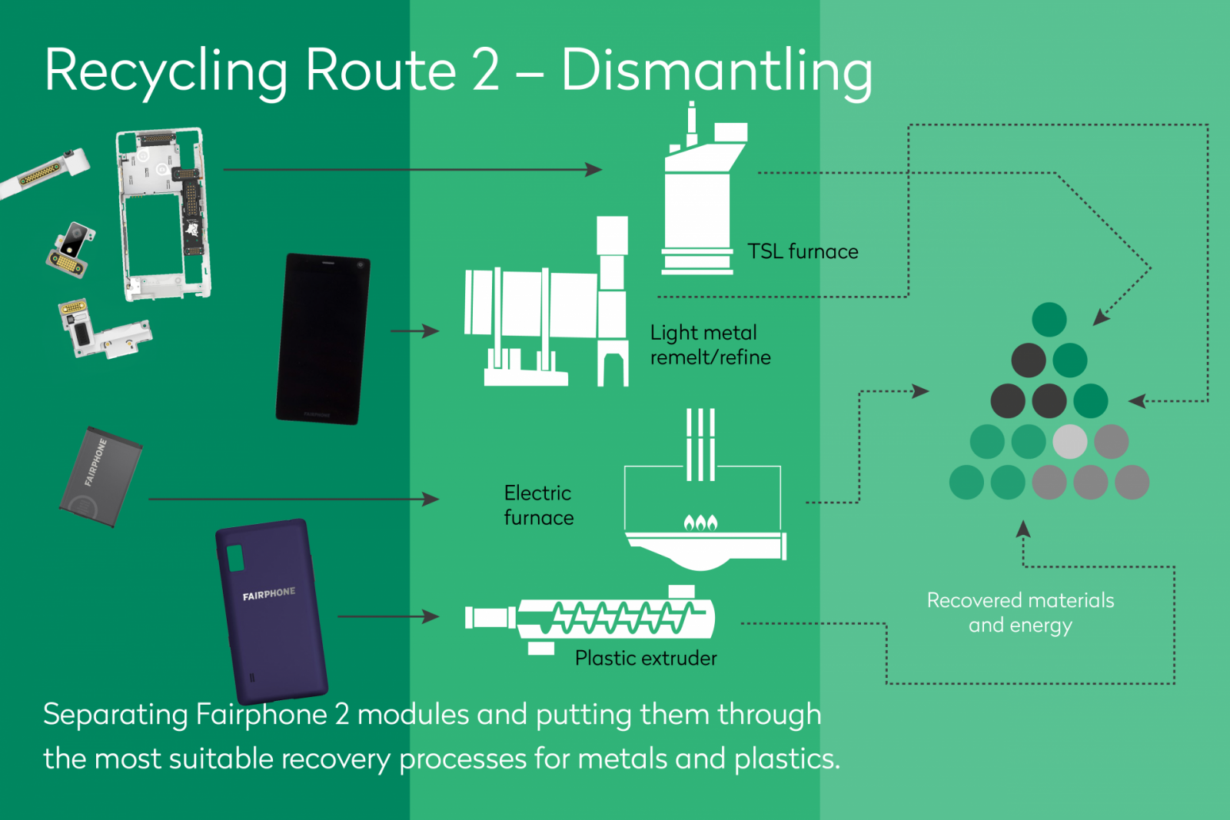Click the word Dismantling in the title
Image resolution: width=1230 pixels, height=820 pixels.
click(716, 71)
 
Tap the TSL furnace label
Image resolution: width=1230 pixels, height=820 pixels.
click(803, 252)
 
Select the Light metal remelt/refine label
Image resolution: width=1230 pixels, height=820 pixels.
click(710, 345)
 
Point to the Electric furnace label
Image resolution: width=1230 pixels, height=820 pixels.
click(538, 506)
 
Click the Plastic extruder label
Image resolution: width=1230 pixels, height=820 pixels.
click(646, 659)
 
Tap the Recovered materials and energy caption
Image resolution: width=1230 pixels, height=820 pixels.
click(1020, 613)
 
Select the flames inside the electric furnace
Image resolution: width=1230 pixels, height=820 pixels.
click(700, 523)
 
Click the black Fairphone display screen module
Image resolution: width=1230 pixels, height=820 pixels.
click(323, 339)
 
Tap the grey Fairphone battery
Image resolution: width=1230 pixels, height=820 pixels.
click(101, 477)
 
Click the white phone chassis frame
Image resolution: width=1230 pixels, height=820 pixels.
click(163, 215)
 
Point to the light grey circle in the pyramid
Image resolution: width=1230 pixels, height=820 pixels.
click(1069, 442)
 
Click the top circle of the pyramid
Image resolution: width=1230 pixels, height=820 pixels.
click(1049, 320)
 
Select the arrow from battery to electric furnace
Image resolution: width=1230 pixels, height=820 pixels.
click(292, 500)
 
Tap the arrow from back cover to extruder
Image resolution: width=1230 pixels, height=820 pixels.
click(387, 616)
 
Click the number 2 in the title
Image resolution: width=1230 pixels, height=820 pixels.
click(486, 71)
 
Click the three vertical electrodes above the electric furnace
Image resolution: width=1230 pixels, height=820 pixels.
click(700, 444)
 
